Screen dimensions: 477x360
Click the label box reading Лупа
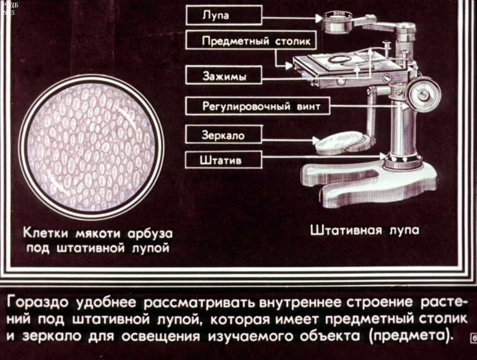(224, 15)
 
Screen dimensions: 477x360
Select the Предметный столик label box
(251, 40)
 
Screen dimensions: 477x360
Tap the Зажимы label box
(224, 75)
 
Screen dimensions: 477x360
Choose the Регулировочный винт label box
(258, 106)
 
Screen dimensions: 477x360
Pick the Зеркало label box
(224, 134)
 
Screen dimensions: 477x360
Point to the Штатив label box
(224, 160)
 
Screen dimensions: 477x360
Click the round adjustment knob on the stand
(423, 94)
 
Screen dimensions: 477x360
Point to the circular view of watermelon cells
(92, 147)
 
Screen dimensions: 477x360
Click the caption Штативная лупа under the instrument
(364, 230)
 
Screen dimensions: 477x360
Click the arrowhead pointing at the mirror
(316, 141)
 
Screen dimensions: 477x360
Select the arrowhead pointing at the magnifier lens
(319, 19)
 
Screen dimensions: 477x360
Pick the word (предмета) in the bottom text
(411, 336)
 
